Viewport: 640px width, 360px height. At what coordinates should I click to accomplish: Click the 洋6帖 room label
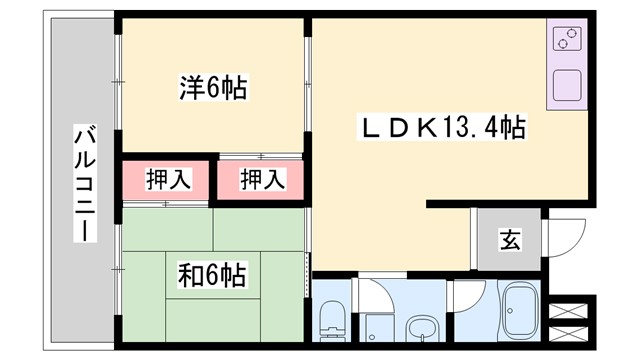click(214, 87)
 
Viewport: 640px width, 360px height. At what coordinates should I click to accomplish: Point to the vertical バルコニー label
click(85, 182)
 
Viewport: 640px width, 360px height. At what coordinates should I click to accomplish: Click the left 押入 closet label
click(166, 180)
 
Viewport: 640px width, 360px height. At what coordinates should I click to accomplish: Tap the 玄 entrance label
click(510, 240)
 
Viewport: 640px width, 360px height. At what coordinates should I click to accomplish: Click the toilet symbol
click(331, 319)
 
